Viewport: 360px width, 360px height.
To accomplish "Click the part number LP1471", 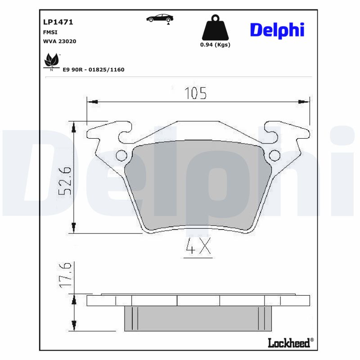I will pos(58,22).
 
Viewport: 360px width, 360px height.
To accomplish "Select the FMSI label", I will pos(50,32).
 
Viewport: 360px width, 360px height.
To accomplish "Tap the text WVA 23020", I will pos(59,41).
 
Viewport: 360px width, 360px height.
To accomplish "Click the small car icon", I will pos(160,18).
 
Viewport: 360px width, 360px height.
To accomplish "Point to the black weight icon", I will pos(215,28).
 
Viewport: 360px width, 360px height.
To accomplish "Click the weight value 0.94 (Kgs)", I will pos(215,45).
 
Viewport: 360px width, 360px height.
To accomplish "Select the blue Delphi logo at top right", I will pos(277,30).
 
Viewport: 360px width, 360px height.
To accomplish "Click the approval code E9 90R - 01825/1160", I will pos(94,70).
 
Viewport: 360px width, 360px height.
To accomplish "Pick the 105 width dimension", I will pos(195,93).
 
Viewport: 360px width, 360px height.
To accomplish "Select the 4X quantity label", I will pos(198,247).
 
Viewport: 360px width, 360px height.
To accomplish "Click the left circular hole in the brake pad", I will pos(121,156).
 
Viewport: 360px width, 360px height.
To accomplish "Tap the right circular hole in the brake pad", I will pos(274,156).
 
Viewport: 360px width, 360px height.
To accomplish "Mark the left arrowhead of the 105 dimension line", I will pos(92,102).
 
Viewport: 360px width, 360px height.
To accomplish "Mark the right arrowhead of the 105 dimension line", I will pos(304,102).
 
